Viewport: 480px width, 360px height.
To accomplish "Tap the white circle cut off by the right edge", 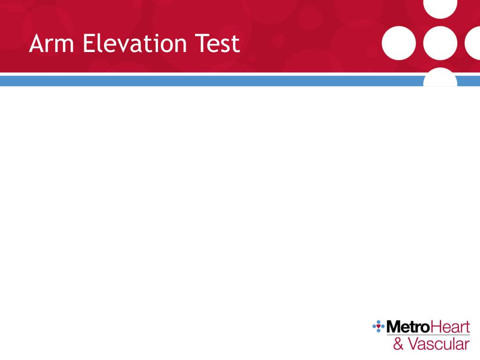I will click(x=473, y=44).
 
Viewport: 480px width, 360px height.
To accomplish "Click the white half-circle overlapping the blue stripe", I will click(x=440, y=79).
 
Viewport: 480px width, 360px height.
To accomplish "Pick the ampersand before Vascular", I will click(x=398, y=345).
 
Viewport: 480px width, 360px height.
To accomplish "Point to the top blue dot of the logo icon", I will click(x=378, y=322).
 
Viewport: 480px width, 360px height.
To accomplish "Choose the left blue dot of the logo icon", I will click(x=374, y=326).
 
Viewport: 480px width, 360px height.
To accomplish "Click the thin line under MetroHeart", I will click(x=427, y=335).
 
